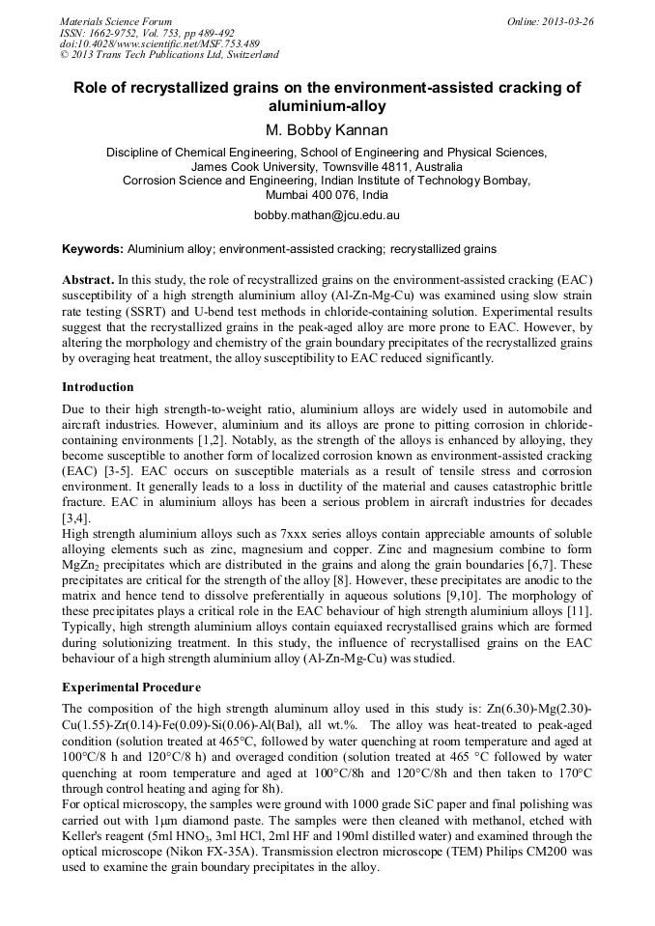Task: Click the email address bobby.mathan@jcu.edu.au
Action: (x=327, y=215)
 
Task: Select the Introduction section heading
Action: (x=99, y=386)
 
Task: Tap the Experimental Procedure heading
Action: (x=131, y=687)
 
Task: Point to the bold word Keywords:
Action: (x=93, y=248)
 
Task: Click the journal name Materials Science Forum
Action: (x=116, y=21)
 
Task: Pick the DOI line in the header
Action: (x=159, y=44)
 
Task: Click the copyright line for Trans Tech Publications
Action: (x=169, y=56)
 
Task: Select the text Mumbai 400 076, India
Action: (x=327, y=193)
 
